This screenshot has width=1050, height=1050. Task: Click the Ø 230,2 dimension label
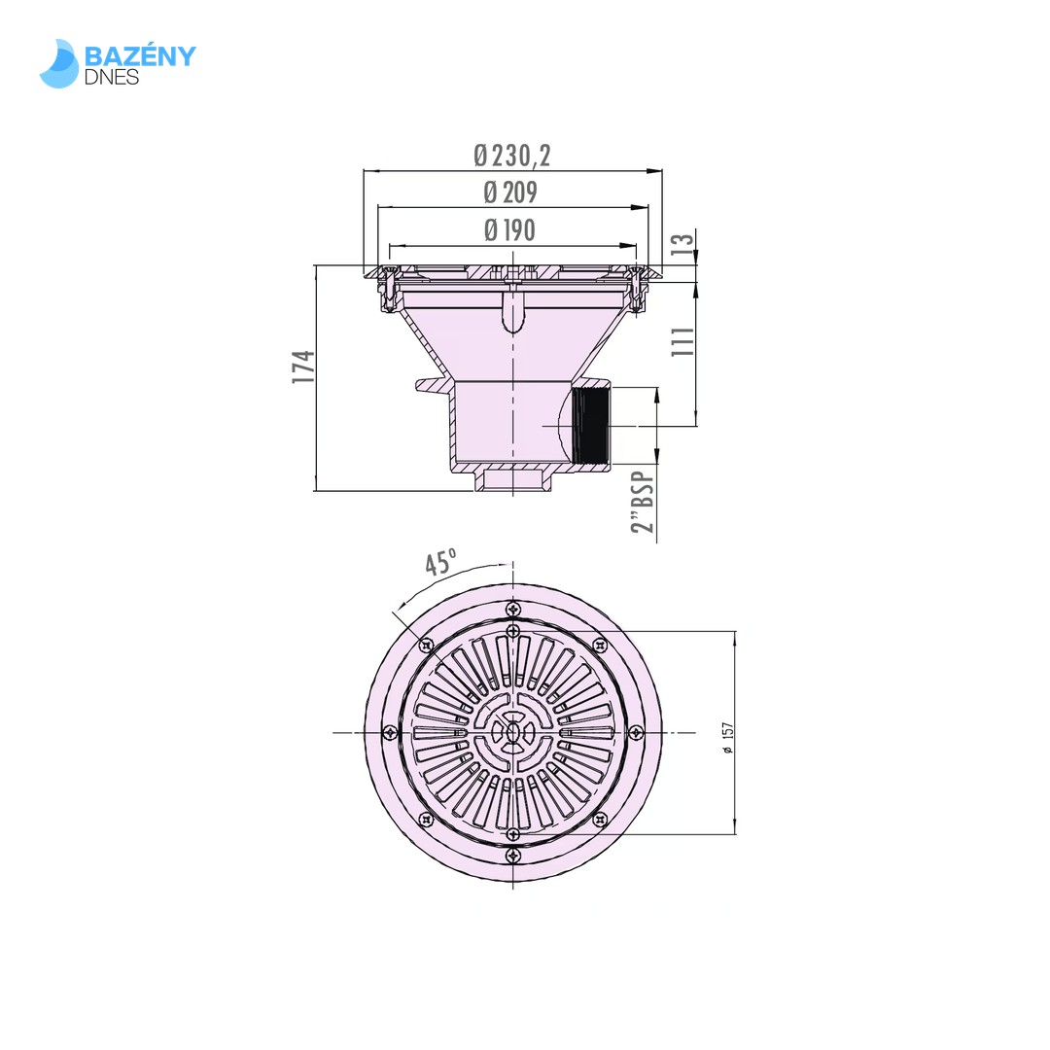512,156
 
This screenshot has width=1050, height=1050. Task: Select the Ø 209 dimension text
510,192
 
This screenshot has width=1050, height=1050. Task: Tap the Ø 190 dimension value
510,230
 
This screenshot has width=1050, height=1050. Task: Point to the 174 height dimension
303,367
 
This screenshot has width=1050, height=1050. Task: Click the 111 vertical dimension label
683,341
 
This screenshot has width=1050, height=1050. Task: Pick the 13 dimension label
682,243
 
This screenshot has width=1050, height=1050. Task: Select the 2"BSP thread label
643,503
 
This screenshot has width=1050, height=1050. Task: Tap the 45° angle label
441,562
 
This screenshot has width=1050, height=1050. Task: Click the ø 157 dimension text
728,737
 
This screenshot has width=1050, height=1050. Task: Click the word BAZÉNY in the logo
140,56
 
